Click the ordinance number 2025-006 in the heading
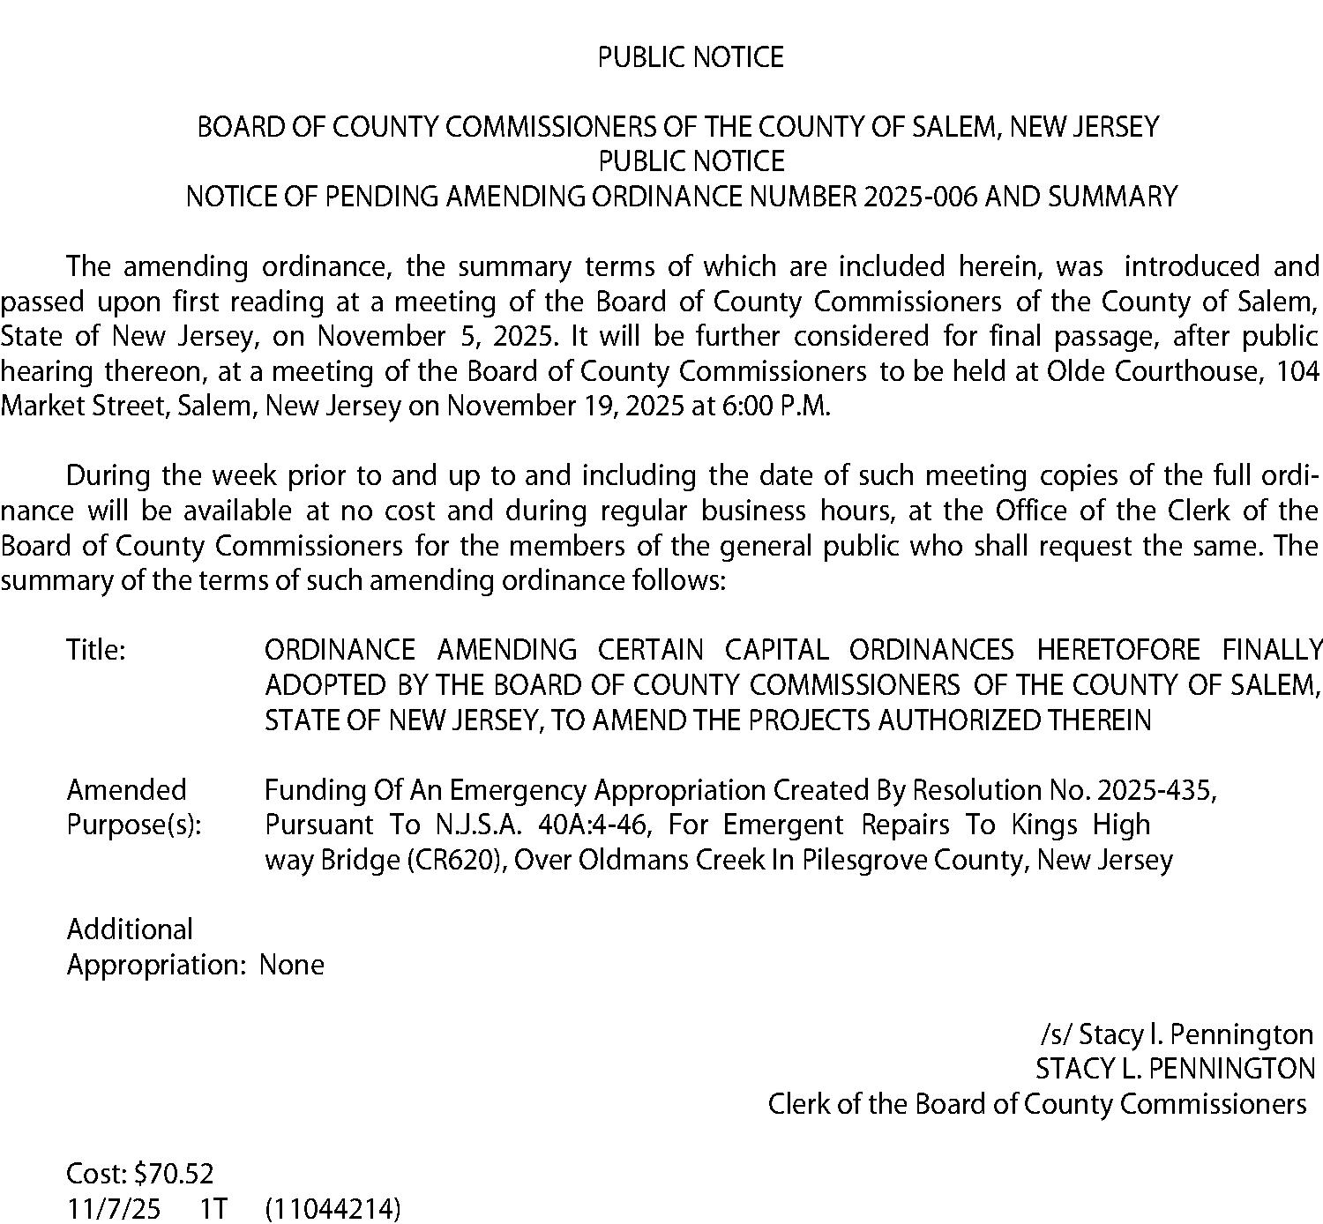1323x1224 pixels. pos(920,196)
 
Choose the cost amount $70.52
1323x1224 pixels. pos(174,1174)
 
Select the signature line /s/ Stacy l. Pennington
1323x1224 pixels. pos(1177,1034)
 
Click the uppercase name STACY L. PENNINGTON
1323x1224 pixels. pos(1175,1069)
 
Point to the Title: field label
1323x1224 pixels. pos(96,651)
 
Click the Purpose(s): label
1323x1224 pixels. pos(133,825)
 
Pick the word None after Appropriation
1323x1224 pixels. pos(292,965)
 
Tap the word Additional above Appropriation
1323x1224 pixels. pos(130,929)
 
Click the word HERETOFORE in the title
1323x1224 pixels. pos(1117,651)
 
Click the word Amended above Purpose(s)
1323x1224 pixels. pos(126,790)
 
